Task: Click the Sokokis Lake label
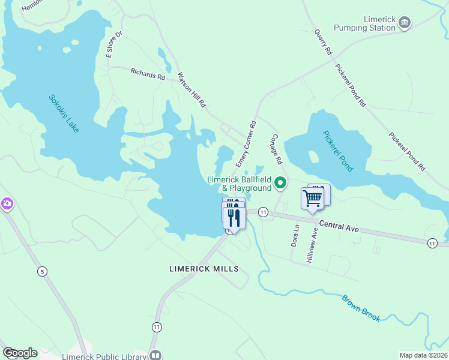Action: point(64,114)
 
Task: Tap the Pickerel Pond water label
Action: point(338,151)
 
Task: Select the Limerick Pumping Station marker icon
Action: point(405,23)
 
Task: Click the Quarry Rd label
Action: point(323,43)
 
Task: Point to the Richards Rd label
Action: point(148,74)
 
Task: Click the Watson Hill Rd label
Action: point(191,90)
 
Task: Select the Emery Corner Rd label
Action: point(246,144)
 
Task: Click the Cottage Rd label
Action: point(277,149)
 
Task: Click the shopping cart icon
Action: point(312,197)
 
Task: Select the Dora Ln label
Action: point(295,236)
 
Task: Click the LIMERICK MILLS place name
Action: point(204,269)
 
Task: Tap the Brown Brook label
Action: point(361,308)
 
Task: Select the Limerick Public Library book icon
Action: point(155,355)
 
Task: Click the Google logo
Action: point(20,353)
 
